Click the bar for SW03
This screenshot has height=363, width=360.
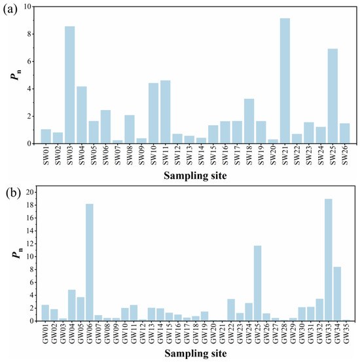coord(70,85)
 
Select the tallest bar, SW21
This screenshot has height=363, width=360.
coord(285,81)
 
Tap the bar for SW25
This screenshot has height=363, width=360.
coord(333,96)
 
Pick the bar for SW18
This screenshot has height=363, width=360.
coord(249,121)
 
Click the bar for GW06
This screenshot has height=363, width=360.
coord(90,262)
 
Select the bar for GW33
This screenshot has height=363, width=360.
coord(329,260)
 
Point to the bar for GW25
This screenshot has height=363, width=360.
coord(258,283)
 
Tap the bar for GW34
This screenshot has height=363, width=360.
coord(337,294)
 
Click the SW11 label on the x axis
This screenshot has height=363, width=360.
coord(166,155)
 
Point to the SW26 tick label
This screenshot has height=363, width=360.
coord(345,155)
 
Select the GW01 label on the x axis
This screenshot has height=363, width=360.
coord(45,334)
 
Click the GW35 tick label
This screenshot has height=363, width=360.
coord(346,334)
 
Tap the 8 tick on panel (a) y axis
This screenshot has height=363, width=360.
coord(29,34)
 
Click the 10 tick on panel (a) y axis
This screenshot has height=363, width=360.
coord(27,7)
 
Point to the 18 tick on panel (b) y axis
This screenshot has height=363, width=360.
coord(30,205)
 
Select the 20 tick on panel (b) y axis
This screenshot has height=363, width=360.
coord(30,192)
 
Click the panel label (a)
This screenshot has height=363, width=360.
coord(10,10)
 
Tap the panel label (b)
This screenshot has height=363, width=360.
coord(13,193)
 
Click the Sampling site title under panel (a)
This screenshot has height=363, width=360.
coord(195,176)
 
